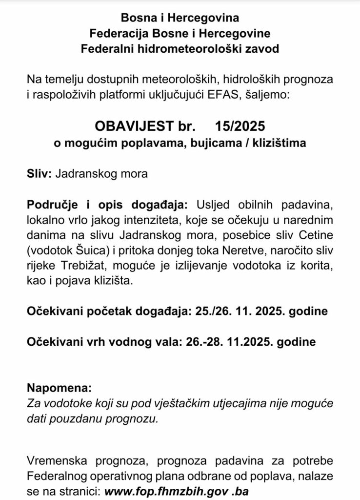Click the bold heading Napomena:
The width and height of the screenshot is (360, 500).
point(59,389)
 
